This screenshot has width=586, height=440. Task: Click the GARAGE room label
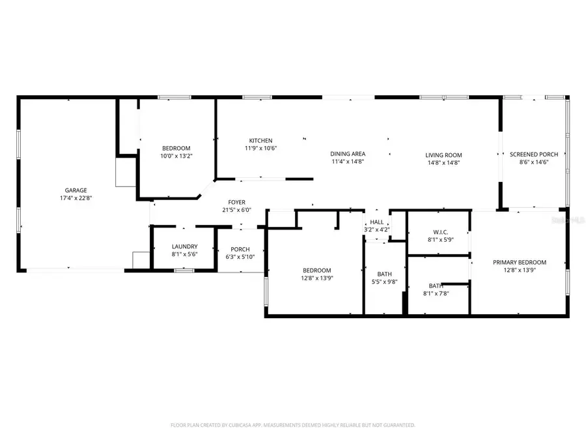click(76, 190)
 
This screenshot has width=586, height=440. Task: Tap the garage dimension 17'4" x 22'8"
click(76, 198)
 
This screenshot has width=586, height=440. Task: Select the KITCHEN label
click(260, 141)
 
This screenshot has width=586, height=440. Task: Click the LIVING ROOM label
click(443, 155)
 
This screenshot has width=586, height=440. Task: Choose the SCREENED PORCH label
click(534, 154)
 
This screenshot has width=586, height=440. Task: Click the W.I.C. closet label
click(438, 232)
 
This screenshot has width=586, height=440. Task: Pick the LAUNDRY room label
click(184, 246)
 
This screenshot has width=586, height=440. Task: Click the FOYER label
click(236, 202)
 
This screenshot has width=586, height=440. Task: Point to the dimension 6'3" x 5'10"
click(240, 256)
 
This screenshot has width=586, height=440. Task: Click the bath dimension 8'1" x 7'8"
click(436, 293)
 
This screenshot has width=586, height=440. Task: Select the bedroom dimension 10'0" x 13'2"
click(176, 156)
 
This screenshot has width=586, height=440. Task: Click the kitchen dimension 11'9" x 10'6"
click(260, 148)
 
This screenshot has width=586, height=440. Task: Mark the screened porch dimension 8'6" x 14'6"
click(534, 162)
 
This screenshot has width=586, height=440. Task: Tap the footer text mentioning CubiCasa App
click(292, 425)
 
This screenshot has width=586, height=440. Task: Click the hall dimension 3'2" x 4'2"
click(377, 229)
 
